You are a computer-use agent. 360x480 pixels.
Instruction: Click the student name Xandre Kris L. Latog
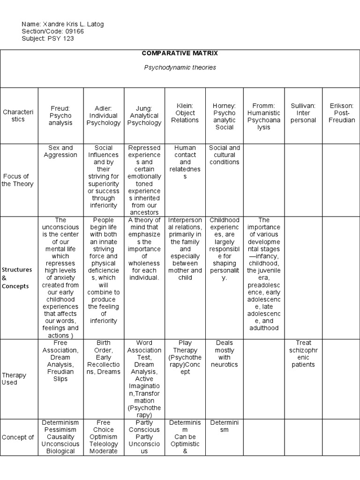77,24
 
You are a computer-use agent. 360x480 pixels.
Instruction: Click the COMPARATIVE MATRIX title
180,53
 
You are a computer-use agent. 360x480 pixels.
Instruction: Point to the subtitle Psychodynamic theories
180,67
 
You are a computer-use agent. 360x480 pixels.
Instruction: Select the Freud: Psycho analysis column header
61,116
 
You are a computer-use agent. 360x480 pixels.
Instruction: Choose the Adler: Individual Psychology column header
103,116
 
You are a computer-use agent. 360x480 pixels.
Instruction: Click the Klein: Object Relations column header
185,113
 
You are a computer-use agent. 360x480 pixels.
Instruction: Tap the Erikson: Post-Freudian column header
342,113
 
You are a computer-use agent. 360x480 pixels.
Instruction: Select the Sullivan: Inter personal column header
303,113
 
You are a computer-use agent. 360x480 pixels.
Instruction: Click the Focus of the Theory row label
18,180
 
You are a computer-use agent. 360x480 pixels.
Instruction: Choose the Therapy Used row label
14,379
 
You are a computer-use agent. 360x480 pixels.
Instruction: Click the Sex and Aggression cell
61,151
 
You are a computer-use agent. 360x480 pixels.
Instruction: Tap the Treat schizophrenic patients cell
303,353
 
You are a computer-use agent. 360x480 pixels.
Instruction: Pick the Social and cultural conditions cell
225,155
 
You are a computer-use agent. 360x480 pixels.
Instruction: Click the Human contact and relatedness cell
185,162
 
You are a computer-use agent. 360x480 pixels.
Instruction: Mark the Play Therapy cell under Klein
185,357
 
